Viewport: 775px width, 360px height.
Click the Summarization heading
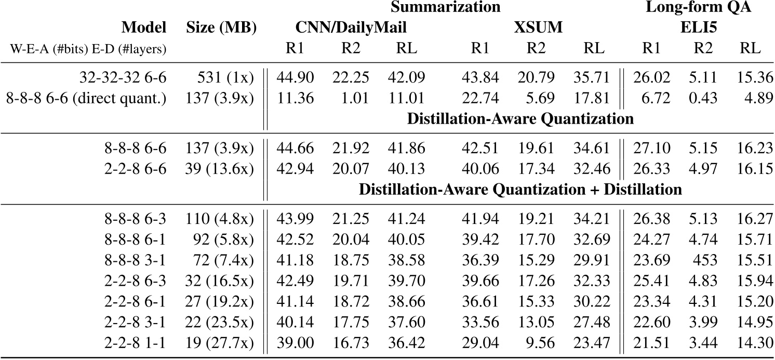(445, 7)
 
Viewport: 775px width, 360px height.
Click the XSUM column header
(538, 28)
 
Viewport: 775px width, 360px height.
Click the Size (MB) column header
(221, 28)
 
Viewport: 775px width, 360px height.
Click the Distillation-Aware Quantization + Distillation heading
(520, 190)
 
